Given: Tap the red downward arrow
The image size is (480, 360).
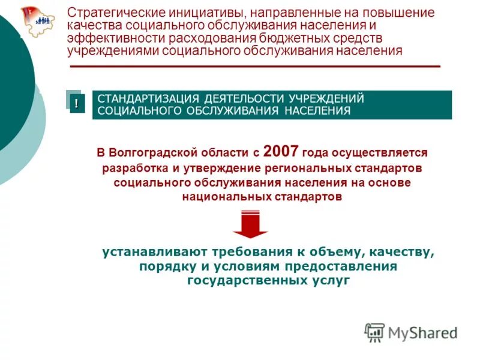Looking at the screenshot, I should pyautogui.click(x=251, y=224).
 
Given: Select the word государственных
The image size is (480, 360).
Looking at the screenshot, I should pyautogui.click(x=247, y=280).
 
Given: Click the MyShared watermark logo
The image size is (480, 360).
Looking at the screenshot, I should pyautogui.click(x=411, y=332).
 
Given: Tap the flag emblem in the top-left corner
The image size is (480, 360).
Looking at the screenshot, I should pyautogui.click(x=37, y=22).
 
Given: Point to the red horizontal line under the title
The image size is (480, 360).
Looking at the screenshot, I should pyautogui.click(x=256, y=66).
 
